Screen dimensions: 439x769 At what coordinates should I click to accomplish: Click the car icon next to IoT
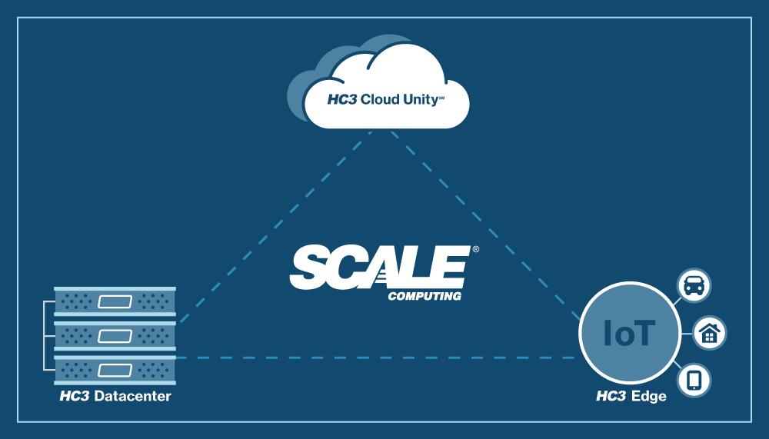click(x=694, y=285)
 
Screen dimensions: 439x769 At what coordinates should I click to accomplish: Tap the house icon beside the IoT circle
click(x=709, y=333)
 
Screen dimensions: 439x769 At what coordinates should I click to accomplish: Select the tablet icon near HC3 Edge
click(x=694, y=380)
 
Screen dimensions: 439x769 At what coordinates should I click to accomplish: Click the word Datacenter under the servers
click(x=132, y=397)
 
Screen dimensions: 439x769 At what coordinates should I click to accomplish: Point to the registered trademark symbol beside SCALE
click(x=475, y=250)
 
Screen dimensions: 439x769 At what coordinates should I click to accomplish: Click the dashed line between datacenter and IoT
click(x=377, y=358)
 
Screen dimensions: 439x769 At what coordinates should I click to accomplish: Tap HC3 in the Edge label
click(x=612, y=397)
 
